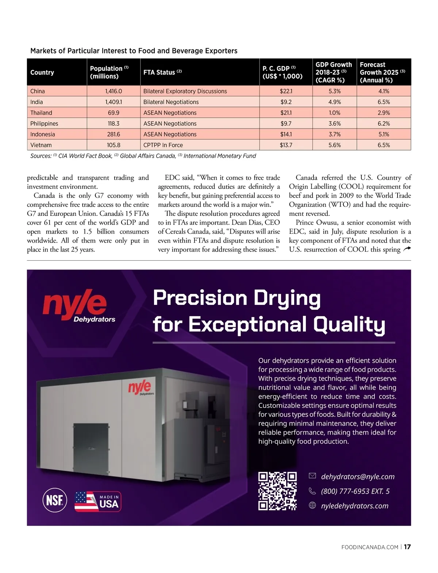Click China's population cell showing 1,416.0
coord(114,91)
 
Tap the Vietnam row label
coord(41,145)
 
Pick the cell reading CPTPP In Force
coord(163,145)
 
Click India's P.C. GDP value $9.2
coord(286,102)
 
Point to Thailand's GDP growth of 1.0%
coord(334,113)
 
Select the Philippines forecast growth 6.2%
coord(384,123)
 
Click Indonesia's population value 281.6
coord(114,134)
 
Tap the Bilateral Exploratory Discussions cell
coord(185,91)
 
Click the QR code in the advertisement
coord(277,491)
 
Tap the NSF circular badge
coord(55,500)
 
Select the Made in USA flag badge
coord(98,501)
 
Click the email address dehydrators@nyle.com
coord(358,477)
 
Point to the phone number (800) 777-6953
coord(355,491)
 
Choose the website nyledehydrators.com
coord(354,506)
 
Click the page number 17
coord(407,547)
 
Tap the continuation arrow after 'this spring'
coord(407,249)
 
